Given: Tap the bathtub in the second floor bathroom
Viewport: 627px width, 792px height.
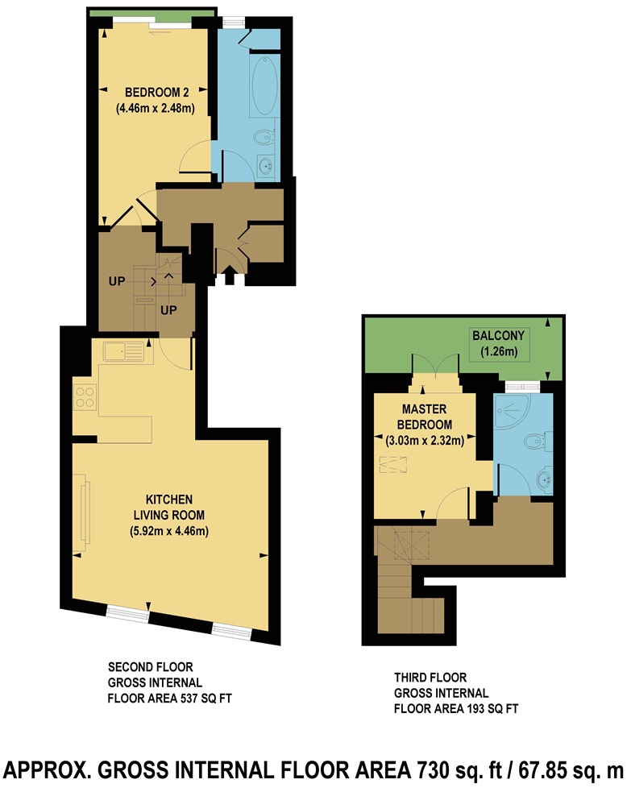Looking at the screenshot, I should pyautogui.click(x=265, y=87).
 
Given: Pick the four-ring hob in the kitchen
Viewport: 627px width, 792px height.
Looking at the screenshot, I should pyautogui.click(x=86, y=397).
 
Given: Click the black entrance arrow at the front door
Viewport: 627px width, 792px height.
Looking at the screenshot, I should pyautogui.click(x=228, y=276).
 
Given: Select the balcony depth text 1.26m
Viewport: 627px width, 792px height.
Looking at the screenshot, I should pyautogui.click(x=499, y=351).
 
